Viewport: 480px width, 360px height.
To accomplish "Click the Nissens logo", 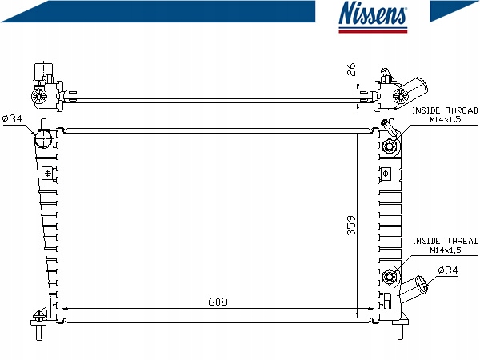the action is tap(373, 17).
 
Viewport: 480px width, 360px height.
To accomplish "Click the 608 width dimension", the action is tap(218, 302).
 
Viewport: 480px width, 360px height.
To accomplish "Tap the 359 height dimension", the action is tap(351, 226).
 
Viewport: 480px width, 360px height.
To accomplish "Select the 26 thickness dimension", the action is tap(351, 69).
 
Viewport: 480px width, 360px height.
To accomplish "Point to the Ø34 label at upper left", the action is tap(13, 118).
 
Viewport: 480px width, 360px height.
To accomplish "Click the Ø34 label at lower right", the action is tap(448, 270).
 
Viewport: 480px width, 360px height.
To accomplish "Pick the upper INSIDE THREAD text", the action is tap(445, 110).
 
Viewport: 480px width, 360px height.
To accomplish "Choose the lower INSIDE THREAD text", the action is tap(446, 241).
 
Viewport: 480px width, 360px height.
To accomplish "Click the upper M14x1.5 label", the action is tap(445, 119).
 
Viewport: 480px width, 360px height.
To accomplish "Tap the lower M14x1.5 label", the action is tap(446, 250).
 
